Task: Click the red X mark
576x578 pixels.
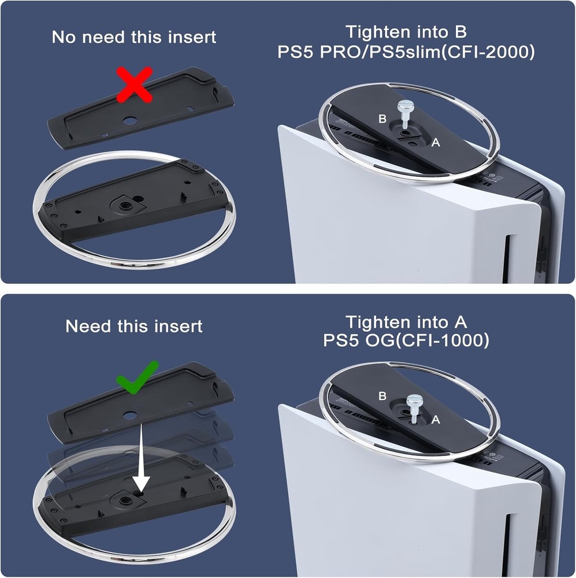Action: click(133, 84)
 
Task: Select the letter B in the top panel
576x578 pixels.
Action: click(382, 119)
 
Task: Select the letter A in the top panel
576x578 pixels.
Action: click(436, 142)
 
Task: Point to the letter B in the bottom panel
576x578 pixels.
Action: click(382, 396)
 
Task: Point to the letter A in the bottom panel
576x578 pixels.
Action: click(436, 420)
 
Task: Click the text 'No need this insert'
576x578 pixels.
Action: click(133, 38)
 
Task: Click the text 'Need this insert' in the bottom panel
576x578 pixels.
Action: click(133, 326)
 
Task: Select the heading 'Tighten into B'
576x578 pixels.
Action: click(406, 32)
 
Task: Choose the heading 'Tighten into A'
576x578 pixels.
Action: click(406, 321)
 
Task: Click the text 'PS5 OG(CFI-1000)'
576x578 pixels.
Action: click(406, 341)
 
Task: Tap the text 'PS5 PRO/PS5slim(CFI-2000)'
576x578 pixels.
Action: click(406, 52)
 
